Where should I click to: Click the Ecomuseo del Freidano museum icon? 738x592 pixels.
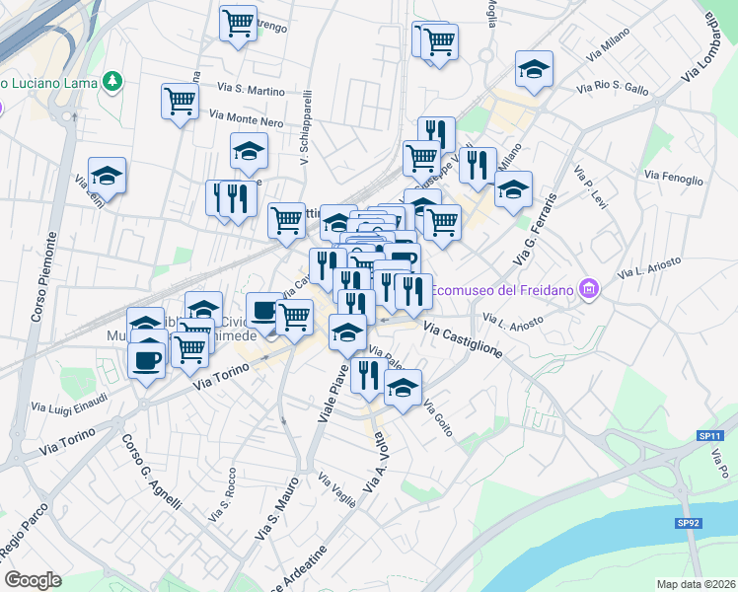pyautogui.click(x=590, y=288)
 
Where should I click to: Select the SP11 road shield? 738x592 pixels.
pyautogui.click(x=709, y=436)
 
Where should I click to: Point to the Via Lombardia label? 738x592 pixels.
pyautogui.click(x=723, y=47)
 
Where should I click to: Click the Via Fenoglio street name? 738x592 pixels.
pyautogui.click(x=674, y=178)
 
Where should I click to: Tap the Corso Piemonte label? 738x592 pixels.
pyautogui.click(x=48, y=271)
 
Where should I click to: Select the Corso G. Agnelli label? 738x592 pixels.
pyautogui.click(x=151, y=473)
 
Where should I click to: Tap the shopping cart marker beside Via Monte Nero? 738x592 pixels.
pyautogui.click(x=181, y=101)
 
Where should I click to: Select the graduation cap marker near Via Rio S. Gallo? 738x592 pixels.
pyautogui.click(x=534, y=69)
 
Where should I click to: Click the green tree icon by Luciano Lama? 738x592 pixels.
pyautogui.click(x=113, y=79)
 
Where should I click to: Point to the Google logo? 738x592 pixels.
pyautogui.click(x=33, y=580)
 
